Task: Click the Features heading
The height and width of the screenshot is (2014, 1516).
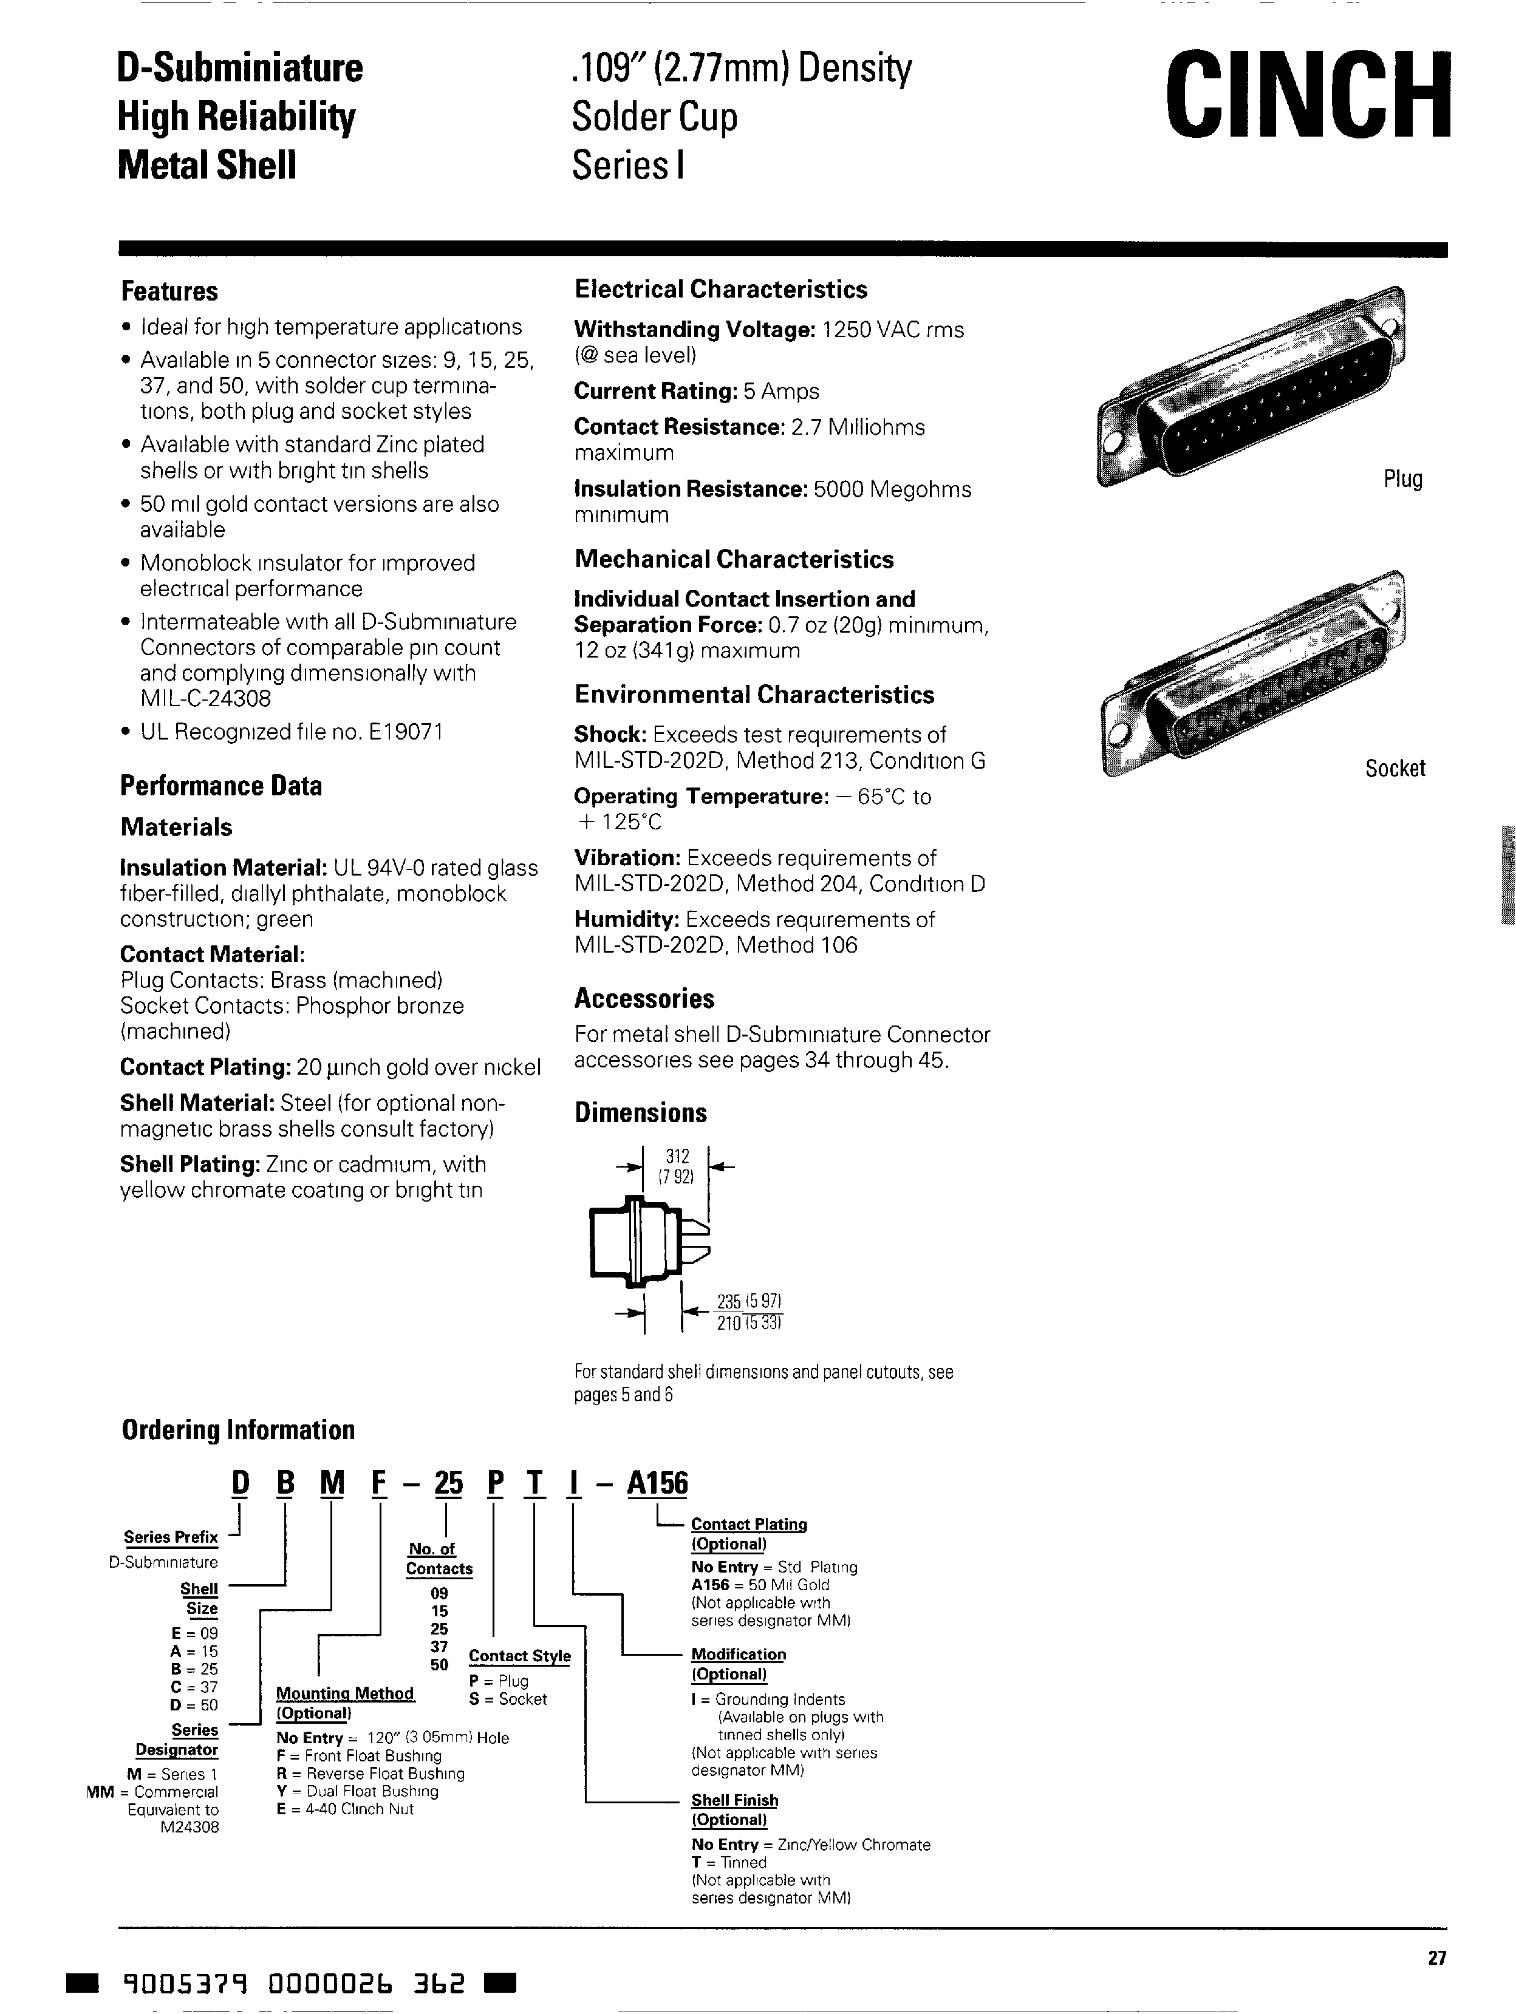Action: point(169,291)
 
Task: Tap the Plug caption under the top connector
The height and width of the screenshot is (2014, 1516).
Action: point(1402,479)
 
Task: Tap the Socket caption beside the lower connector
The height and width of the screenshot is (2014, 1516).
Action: point(1394,769)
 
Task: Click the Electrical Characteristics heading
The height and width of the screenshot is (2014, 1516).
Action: point(720,290)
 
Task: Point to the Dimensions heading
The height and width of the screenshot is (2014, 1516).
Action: point(640,1112)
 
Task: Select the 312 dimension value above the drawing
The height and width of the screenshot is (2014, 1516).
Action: point(677,1156)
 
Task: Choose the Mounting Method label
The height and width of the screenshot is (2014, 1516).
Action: point(344,1693)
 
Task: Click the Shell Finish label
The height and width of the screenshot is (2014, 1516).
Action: point(734,1800)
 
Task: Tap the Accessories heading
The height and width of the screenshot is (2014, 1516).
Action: point(644,999)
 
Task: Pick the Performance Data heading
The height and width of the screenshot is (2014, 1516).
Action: point(220,786)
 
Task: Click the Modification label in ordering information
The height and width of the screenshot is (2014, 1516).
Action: point(737,1655)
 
